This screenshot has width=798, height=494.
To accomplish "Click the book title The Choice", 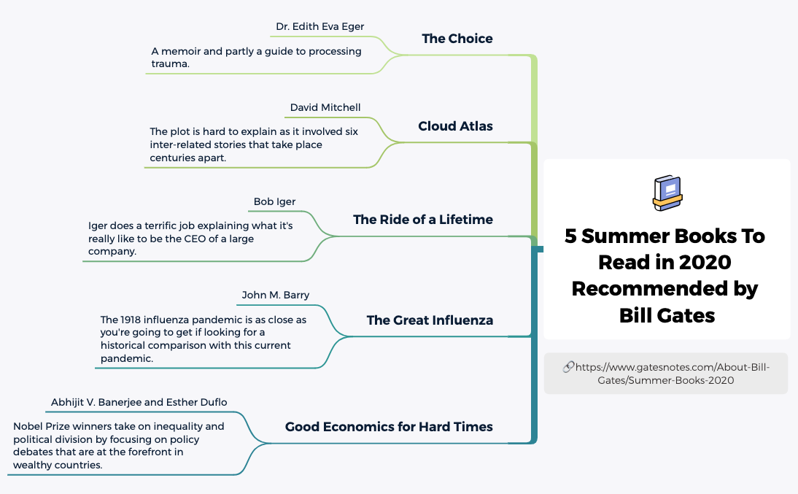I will [457, 39].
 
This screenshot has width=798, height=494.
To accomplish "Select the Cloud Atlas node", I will [455, 126].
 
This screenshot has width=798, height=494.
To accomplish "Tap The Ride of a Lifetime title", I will [422, 220].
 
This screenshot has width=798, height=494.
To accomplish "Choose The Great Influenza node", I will [430, 320].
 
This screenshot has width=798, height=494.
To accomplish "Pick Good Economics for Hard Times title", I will [389, 427].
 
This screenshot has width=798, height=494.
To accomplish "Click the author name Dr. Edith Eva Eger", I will [319, 27].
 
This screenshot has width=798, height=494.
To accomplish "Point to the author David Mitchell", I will [325, 108].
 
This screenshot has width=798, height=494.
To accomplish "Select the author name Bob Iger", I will [274, 202].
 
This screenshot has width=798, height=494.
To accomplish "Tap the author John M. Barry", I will [276, 296].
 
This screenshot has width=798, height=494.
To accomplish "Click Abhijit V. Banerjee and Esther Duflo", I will [139, 403].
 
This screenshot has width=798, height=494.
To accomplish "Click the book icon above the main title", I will [667, 193].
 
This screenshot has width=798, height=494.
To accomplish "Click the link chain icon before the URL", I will [568, 367].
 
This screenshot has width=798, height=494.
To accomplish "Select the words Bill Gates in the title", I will [667, 315].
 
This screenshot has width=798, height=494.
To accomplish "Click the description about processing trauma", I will [256, 58].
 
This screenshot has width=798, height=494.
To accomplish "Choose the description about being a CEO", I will [190, 239].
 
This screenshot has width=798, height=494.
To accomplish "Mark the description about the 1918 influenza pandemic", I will [203, 339].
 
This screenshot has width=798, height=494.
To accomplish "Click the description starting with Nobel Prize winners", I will [118, 445].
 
